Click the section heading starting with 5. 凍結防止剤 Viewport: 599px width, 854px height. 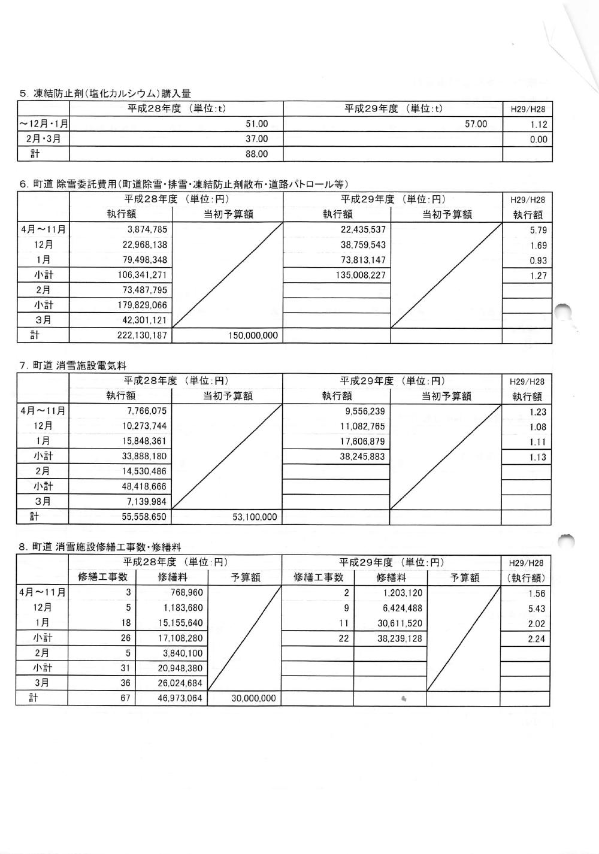click(x=105, y=93)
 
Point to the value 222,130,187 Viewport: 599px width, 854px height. click(x=143, y=335)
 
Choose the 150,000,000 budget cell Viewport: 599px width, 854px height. click(x=253, y=335)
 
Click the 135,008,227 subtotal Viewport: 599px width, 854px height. click(x=361, y=275)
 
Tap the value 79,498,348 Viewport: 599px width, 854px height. click(x=143, y=260)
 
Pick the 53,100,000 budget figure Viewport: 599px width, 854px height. click(x=255, y=517)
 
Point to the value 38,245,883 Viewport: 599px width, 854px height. click(x=361, y=457)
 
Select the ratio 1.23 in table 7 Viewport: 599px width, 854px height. click(x=538, y=412)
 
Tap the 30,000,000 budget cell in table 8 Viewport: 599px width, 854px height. click(x=253, y=698)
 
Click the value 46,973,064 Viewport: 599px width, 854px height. click(x=180, y=698)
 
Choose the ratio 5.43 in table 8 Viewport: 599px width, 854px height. click(x=537, y=608)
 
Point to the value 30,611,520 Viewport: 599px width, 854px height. click(x=400, y=623)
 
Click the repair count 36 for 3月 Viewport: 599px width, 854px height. click(x=125, y=683)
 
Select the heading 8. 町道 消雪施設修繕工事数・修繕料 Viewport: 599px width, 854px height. click(x=100, y=547)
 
